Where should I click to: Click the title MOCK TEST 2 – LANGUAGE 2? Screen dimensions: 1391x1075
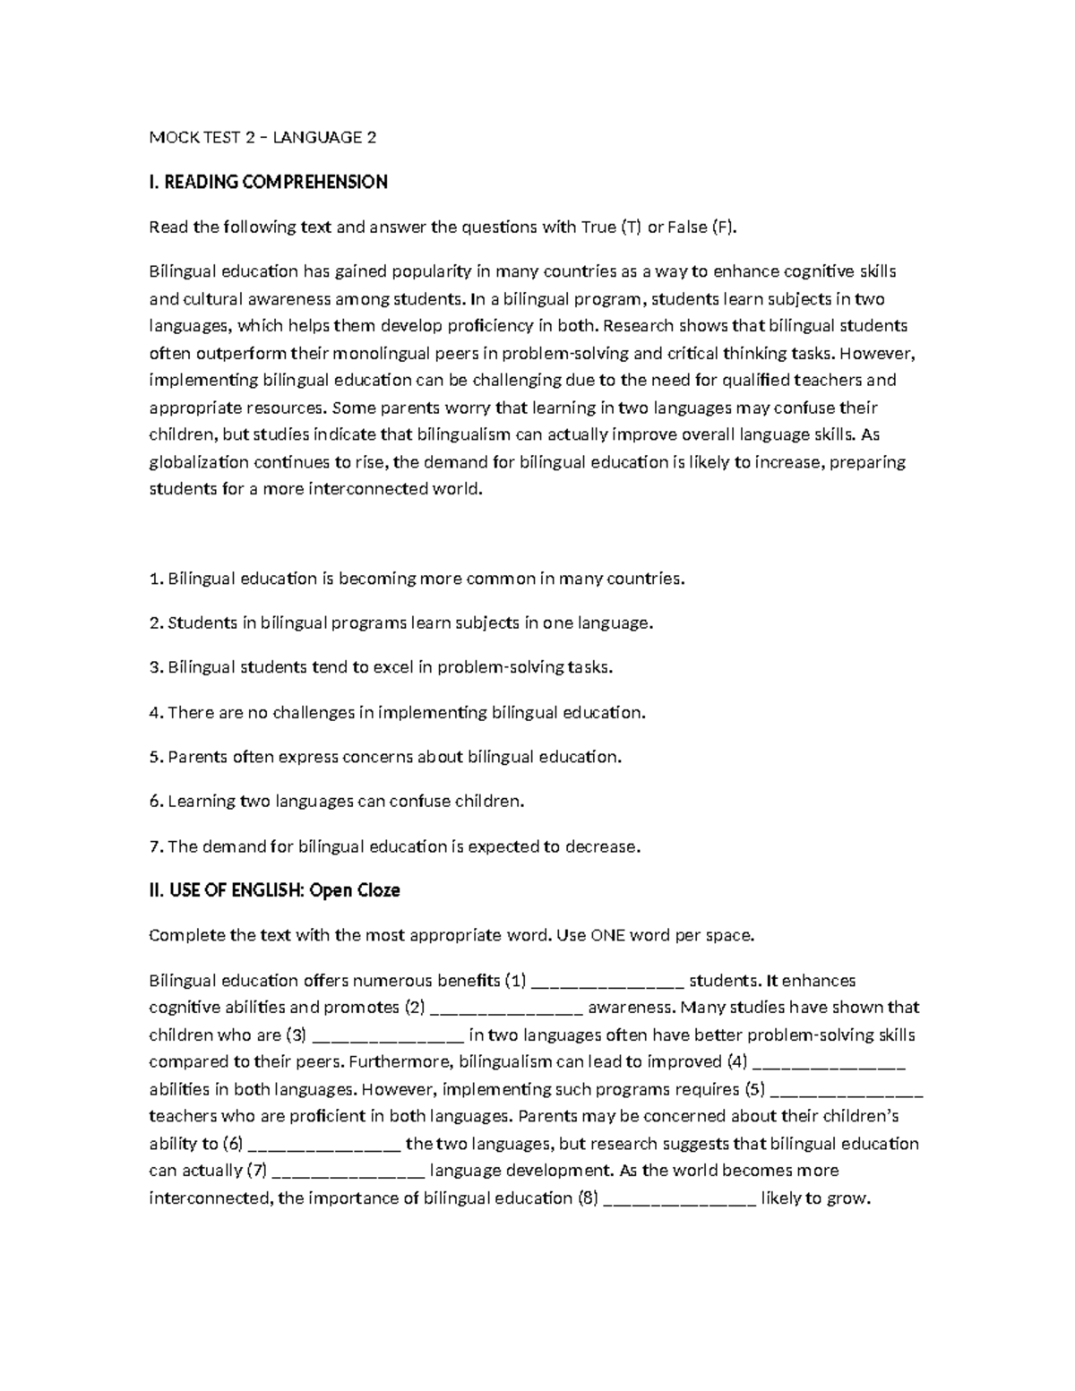[x=262, y=137]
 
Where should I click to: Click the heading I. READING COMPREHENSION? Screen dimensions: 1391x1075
[x=268, y=182]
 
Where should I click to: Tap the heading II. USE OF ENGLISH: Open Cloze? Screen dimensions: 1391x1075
[x=274, y=890]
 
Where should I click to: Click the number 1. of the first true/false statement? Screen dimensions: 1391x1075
[x=155, y=579]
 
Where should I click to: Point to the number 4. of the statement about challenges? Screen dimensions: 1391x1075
[x=155, y=713]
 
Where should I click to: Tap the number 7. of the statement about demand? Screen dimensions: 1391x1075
[x=155, y=846]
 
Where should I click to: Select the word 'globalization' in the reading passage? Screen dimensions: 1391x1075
[x=199, y=462]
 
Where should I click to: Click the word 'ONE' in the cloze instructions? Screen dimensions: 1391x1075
[x=609, y=935]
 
